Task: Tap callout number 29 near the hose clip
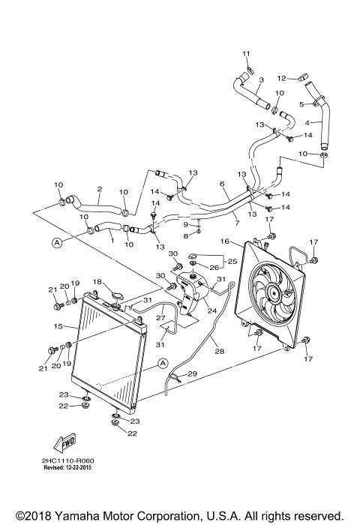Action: pyautogui.click(x=192, y=373)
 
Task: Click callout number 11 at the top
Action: pyautogui.click(x=244, y=52)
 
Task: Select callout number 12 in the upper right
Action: pyautogui.click(x=282, y=77)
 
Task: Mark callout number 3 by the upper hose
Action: pyautogui.click(x=261, y=80)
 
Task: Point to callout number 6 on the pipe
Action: pyautogui.click(x=223, y=184)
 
